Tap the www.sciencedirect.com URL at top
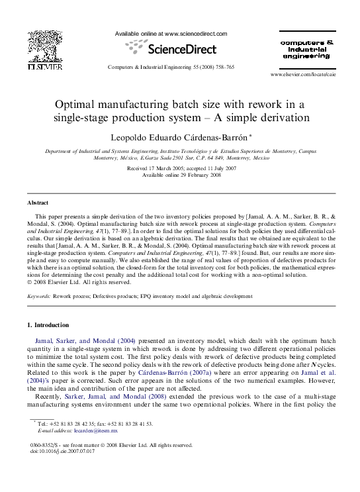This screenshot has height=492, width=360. point(195,33)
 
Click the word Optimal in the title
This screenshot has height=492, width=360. point(78,105)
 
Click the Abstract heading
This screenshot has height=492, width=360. point(37,202)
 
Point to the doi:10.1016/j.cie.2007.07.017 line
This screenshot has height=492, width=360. point(64,451)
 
